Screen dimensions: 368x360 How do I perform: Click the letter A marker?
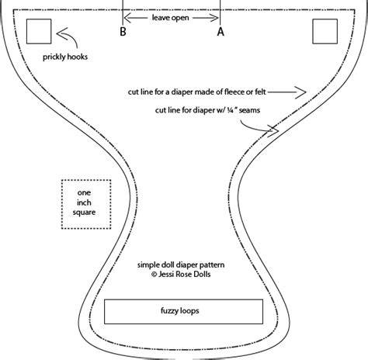point(220,32)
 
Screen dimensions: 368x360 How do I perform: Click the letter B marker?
point(123,32)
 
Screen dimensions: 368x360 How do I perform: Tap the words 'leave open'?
point(170,18)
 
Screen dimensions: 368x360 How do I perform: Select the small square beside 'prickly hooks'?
point(39,31)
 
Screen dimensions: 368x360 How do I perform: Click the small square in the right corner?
point(325,31)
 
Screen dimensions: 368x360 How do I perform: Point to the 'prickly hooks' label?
point(65,57)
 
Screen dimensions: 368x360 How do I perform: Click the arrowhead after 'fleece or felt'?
point(301,92)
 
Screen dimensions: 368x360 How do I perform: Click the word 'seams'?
point(249,110)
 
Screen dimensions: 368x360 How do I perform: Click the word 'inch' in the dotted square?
point(84,202)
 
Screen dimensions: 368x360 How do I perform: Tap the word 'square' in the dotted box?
point(84,213)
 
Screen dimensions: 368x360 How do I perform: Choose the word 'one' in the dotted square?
point(84,192)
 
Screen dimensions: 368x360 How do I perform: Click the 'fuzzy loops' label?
point(180,310)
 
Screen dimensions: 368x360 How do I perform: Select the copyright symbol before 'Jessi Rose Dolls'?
point(154,275)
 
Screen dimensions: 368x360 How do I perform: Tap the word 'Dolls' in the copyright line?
point(202,274)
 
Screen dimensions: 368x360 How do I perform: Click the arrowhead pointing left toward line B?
point(127,18)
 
